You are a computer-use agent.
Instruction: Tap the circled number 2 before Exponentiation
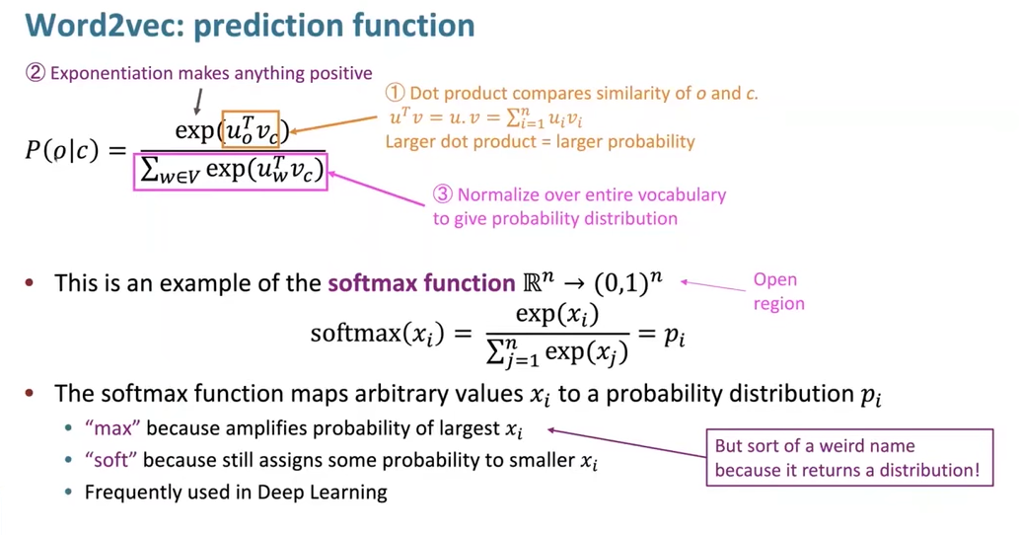point(36,74)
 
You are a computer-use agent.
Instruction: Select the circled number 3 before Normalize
point(443,194)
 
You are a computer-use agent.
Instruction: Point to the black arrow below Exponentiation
point(198,101)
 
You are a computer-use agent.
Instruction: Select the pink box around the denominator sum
point(231,171)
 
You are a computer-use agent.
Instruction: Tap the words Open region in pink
point(778,292)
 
